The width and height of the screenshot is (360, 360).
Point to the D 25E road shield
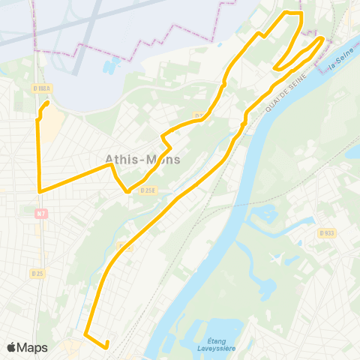[x=147, y=190]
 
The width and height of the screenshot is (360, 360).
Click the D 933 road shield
[x=326, y=233]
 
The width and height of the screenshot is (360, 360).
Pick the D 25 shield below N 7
[x=37, y=274]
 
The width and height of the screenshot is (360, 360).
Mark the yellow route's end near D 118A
[x=47, y=103]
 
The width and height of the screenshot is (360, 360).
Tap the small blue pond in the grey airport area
[x=112, y=66]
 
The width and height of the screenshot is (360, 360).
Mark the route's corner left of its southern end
[x=85, y=333]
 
